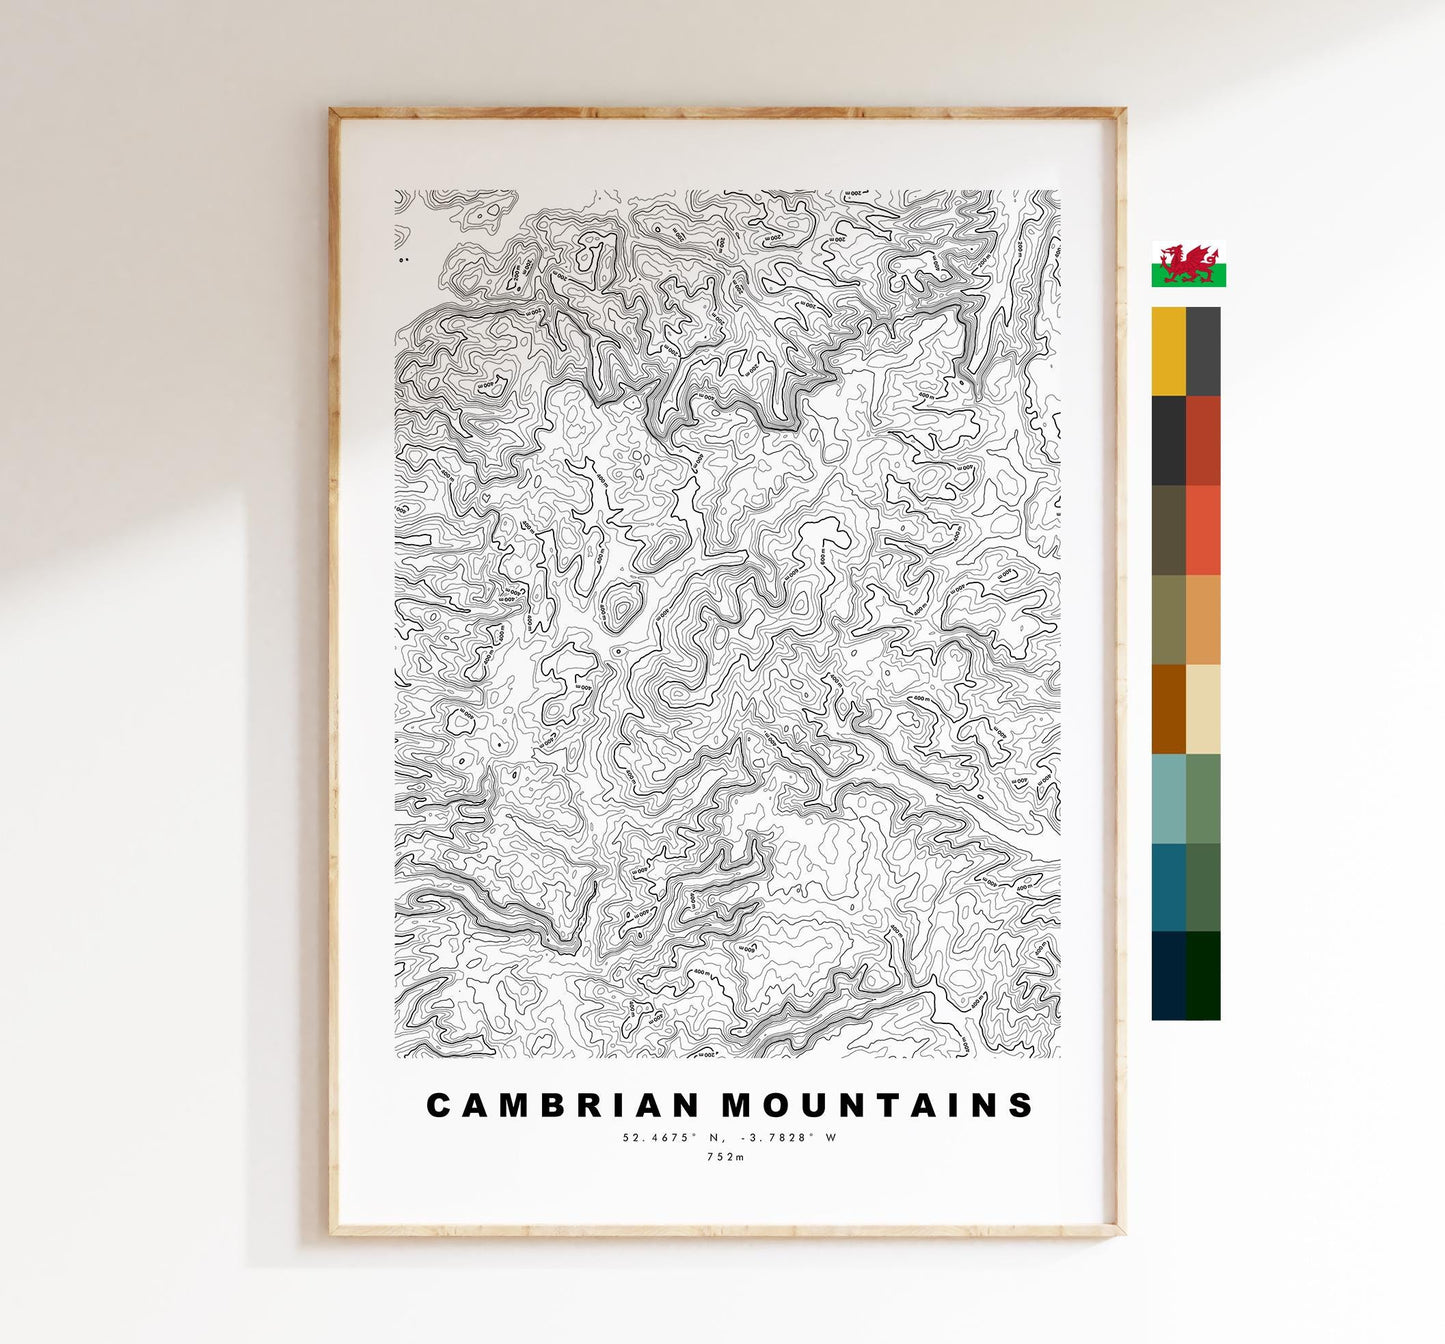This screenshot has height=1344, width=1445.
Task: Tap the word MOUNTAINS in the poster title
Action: click(878, 1105)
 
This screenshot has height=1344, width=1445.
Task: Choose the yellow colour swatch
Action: click(1168, 351)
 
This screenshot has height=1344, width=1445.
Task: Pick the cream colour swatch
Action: click(1203, 709)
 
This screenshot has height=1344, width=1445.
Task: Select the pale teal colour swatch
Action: click(1168, 798)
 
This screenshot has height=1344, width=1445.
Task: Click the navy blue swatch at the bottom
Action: click(1168, 976)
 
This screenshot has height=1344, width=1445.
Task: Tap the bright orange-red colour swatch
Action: click(1203, 530)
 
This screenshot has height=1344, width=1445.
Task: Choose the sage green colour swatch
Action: click(1203, 798)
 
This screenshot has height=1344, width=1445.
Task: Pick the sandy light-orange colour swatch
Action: click(1203, 619)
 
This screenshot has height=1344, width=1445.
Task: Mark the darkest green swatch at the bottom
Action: click(1203, 976)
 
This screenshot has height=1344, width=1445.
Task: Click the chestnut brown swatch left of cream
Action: click(1168, 709)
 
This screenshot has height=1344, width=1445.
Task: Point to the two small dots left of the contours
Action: click(403, 260)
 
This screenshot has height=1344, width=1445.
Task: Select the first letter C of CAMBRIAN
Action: click(438, 1105)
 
